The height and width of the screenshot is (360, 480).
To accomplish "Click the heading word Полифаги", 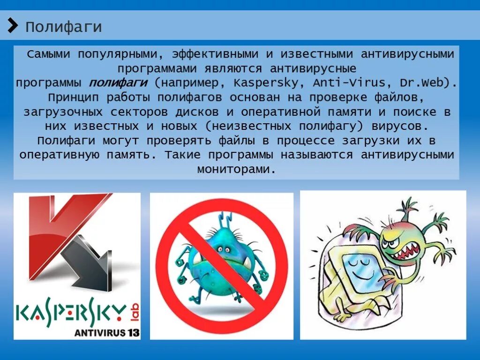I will (63, 27).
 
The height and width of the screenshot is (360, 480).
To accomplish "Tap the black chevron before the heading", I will (13, 25).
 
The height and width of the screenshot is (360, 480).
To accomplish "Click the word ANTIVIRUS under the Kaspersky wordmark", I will (99, 332).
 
